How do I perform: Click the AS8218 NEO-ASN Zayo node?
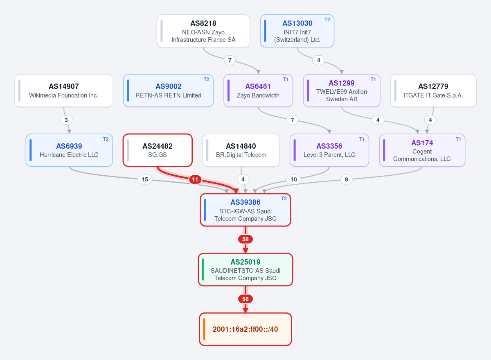(x=203, y=31)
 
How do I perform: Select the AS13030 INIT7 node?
(x=297, y=31)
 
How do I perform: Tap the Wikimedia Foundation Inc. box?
(x=64, y=91)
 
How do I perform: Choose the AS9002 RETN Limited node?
(x=168, y=91)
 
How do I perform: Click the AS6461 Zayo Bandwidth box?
(x=258, y=91)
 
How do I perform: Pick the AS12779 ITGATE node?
(x=433, y=91)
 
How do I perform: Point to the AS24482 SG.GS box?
(x=158, y=150)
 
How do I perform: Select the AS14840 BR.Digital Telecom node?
(x=241, y=150)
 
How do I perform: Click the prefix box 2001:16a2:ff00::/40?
(x=245, y=329)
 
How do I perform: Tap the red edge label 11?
(x=195, y=179)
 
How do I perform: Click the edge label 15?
(x=145, y=179)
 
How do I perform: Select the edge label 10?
(x=293, y=179)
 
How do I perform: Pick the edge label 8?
(x=346, y=179)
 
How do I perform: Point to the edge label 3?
(x=66, y=120)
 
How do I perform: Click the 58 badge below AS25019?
(x=245, y=299)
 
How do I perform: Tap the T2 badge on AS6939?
(x=106, y=139)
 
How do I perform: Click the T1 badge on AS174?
(x=458, y=139)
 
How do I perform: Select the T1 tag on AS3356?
(x=362, y=139)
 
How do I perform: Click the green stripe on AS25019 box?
(x=203, y=269)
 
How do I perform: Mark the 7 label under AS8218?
(x=230, y=60)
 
